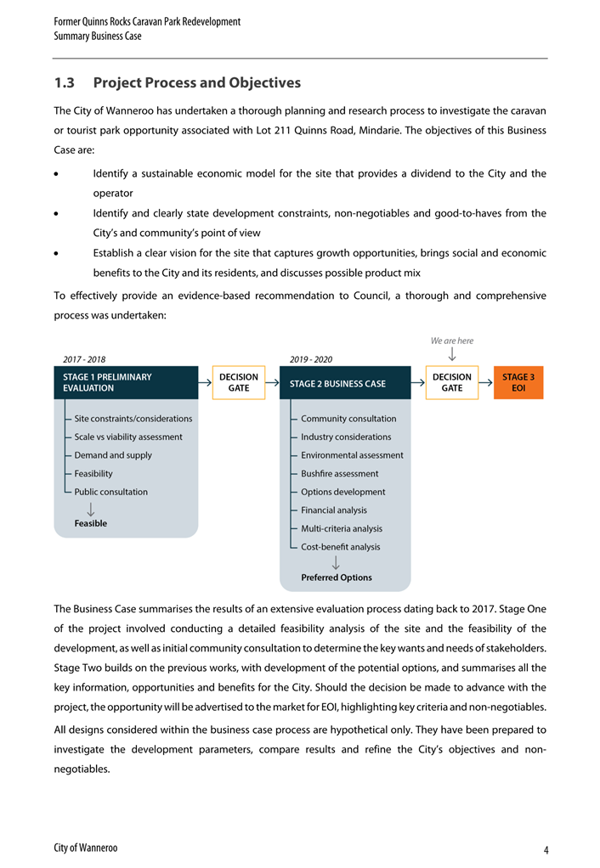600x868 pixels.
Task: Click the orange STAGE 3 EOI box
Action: [518, 382]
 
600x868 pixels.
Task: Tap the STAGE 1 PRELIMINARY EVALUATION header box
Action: [126, 382]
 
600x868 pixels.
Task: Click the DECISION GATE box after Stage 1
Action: [239, 382]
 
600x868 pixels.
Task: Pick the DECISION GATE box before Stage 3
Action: [452, 382]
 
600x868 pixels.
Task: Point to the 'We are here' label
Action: [452, 341]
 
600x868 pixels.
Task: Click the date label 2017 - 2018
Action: [85, 358]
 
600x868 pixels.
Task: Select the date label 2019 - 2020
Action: [311, 358]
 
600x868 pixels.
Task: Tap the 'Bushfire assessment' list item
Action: [340, 473]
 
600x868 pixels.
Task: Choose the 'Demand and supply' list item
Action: [113, 455]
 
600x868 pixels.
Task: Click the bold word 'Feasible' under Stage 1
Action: [91, 523]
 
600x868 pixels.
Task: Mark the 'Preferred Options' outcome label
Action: [337, 578]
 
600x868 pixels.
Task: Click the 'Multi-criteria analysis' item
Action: [342, 528]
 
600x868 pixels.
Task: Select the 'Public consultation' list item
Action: [110, 492]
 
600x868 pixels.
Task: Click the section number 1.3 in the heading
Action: [65, 83]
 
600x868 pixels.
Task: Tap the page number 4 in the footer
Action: [545, 850]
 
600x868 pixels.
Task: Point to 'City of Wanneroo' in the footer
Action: [85, 848]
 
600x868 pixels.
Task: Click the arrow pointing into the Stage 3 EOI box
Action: [486, 382]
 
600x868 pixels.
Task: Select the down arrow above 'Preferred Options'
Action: [337, 562]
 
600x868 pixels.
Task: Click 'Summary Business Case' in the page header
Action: [98, 37]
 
